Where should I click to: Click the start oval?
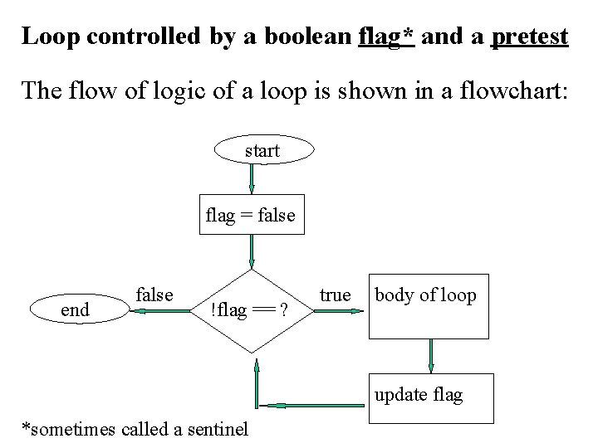pos(265,150)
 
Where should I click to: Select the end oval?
pos(76,310)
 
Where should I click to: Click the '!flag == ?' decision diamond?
pos(250,310)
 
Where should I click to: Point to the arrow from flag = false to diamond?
pos(251,251)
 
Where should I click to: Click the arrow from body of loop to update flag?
pos(431,355)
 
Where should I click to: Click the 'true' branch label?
pos(336,295)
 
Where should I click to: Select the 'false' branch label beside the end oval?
pos(154,295)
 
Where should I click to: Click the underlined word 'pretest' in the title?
pos(530,37)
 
